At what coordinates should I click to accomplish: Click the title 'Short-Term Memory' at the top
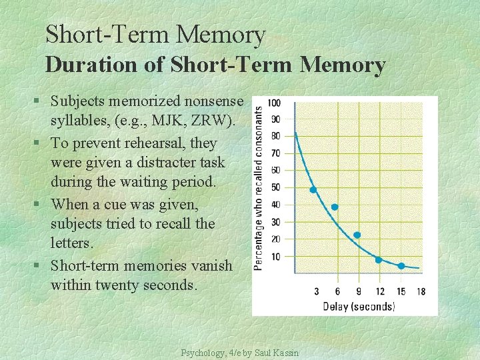pos(155,35)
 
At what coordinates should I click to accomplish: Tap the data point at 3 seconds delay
pos(313,190)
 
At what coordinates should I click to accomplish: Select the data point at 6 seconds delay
pos(335,207)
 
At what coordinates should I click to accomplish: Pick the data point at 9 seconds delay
pos(357,235)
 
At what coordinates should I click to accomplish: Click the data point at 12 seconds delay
pos(379,259)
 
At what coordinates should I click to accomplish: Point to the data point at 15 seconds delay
pos(401,266)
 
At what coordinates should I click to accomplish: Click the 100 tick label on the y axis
pos(273,103)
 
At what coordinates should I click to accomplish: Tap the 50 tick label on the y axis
pos(275,187)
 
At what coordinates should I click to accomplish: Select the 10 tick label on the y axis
pos(275,256)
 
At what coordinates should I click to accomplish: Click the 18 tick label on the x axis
pos(420,291)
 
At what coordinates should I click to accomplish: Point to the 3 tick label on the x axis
pos(316,291)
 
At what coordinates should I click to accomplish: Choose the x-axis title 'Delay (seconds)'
pos(359,306)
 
